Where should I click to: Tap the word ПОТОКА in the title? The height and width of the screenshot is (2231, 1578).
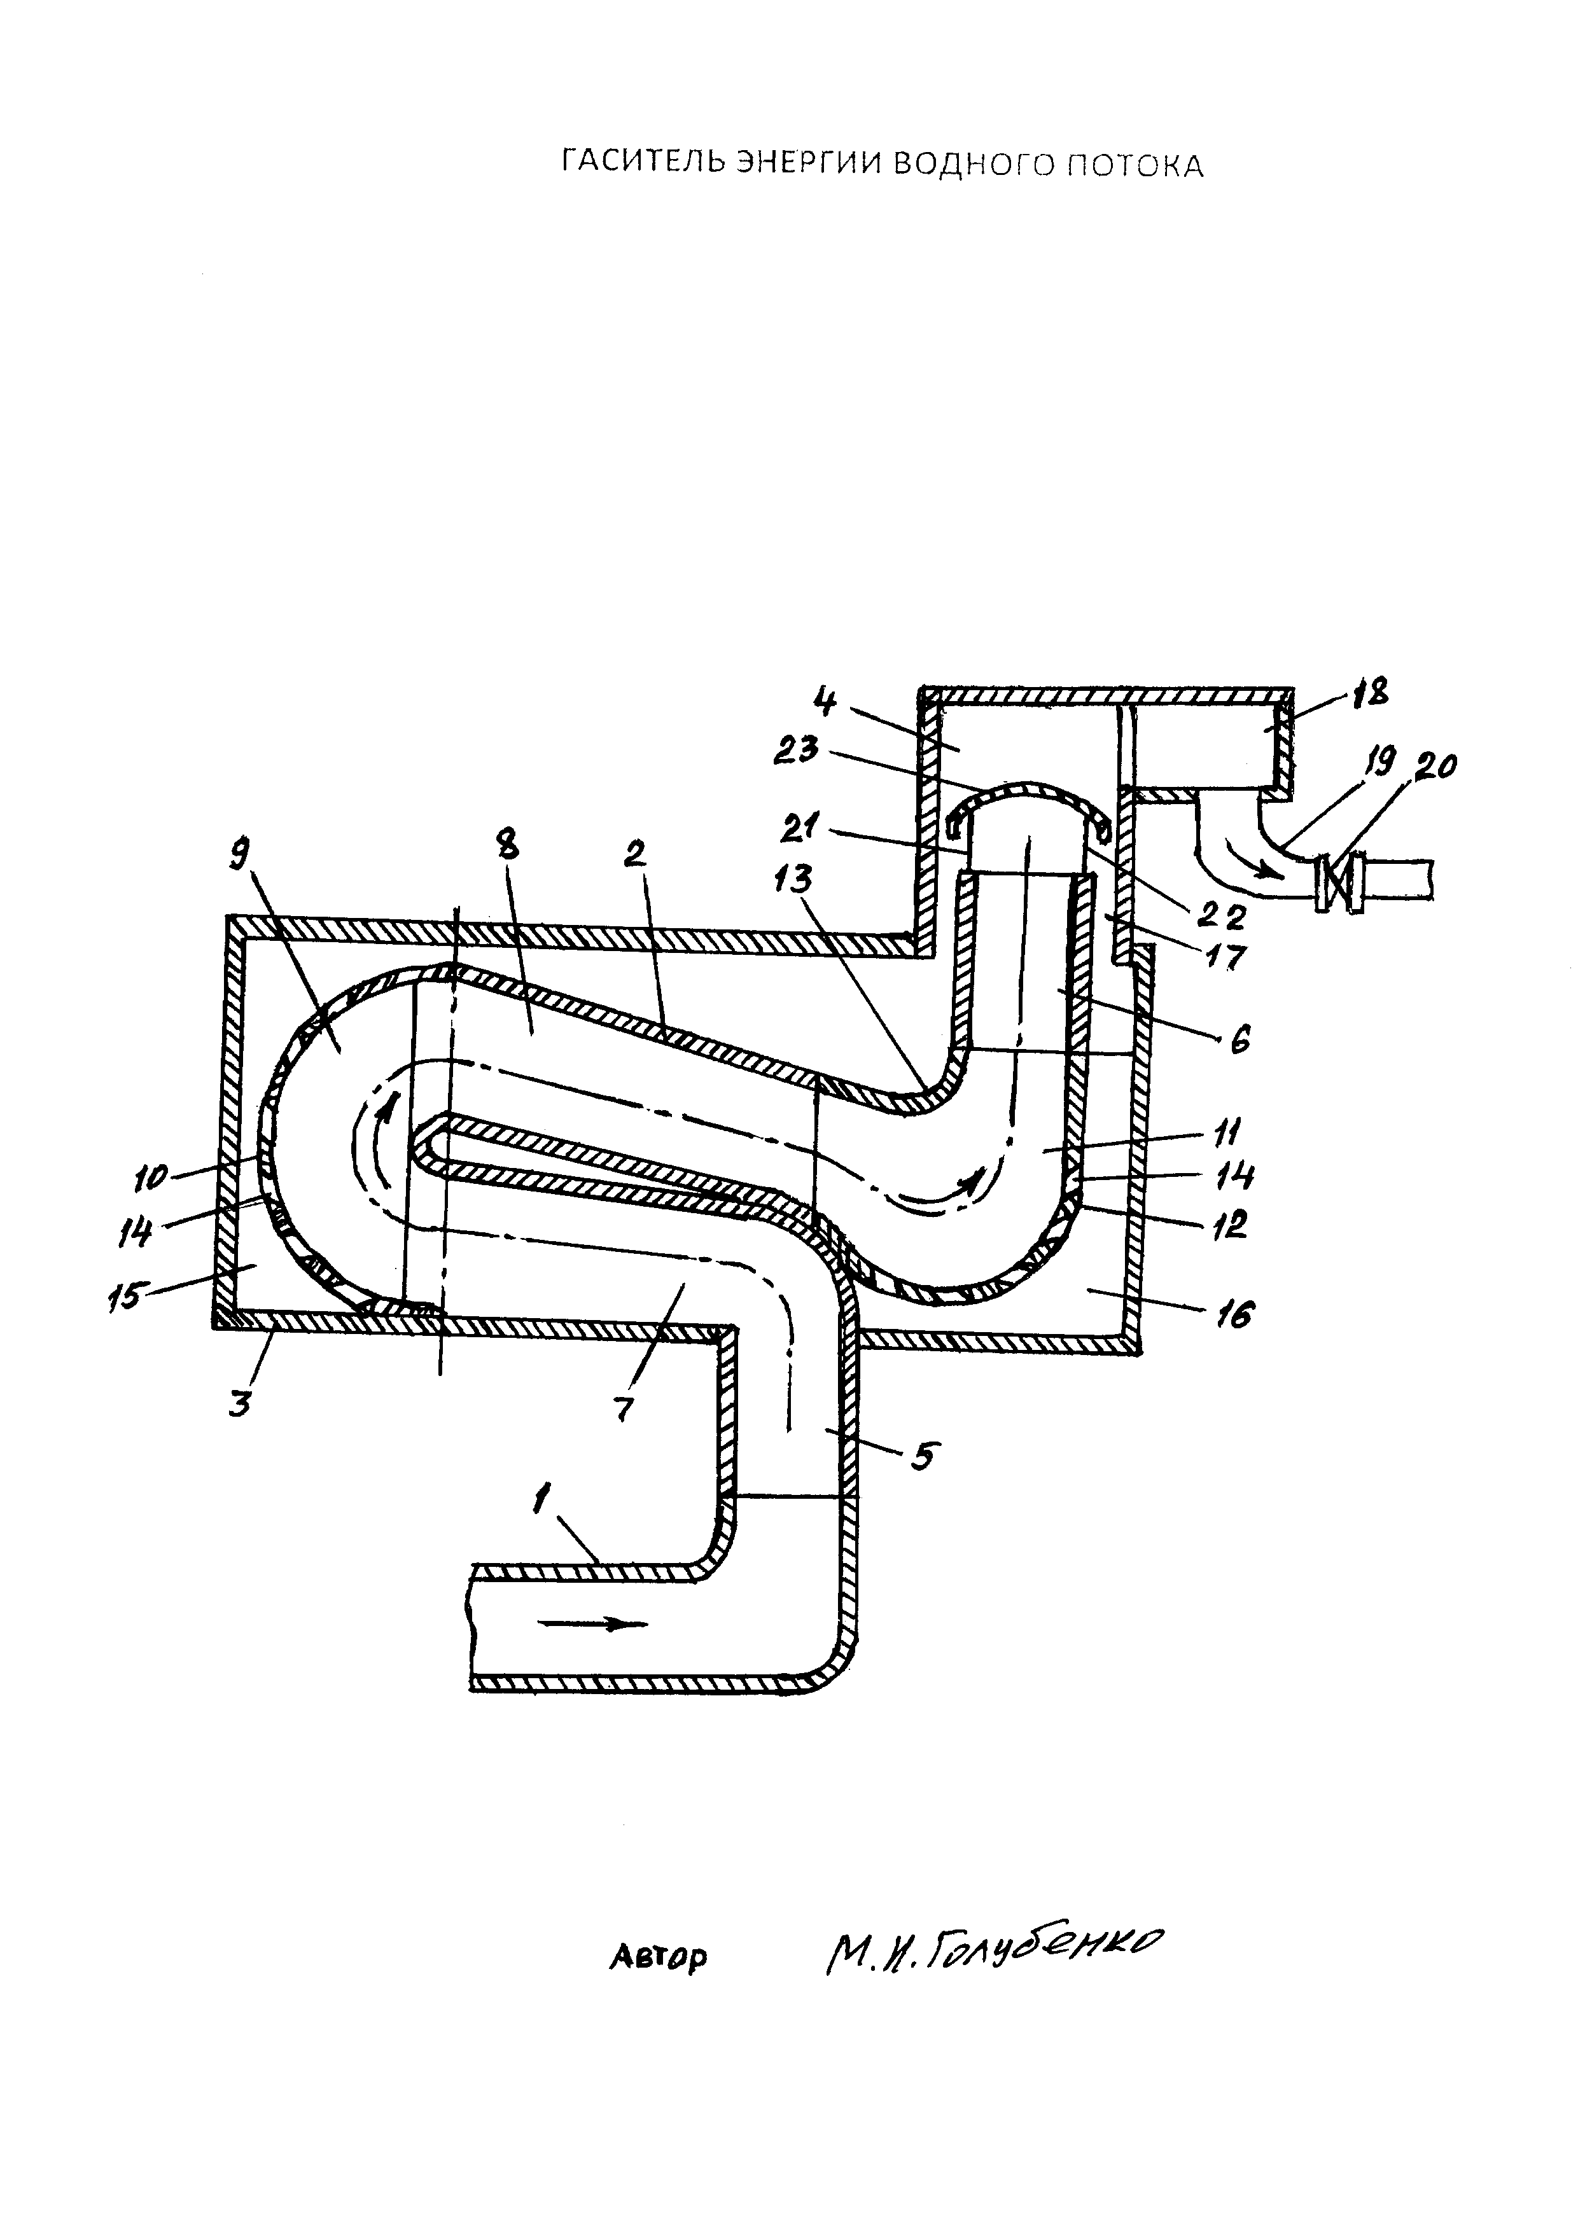(x=1131, y=165)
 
